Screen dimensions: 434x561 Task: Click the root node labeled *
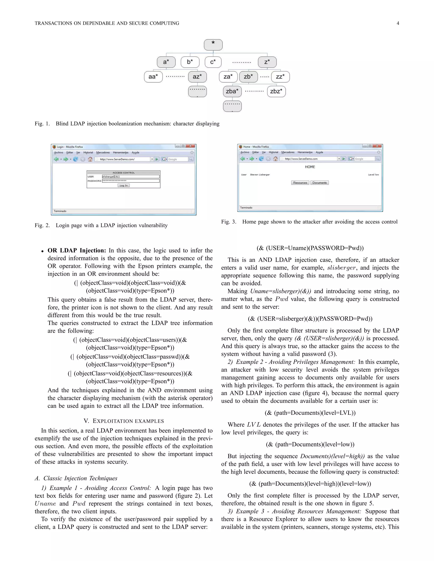pyautogui.click(x=213, y=45)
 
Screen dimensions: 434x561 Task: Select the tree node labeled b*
pyautogui.click(x=190, y=62)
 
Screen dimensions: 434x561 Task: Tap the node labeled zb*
pyautogui.click(x=248, y=77)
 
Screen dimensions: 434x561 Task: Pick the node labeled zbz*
pyautogui.click(x=276, y=91)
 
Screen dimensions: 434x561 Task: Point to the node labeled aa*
pyautogui.click(x=153, y=77)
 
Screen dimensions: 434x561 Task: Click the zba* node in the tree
pyautogui.click(x=232, y=91)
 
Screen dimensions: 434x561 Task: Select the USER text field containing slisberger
pyautogui.click(x=131, y=177)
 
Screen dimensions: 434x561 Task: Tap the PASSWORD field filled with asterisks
pyautogui.click(x=131, y=181)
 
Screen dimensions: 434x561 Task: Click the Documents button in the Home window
pyautogui.click(x=319, y=183)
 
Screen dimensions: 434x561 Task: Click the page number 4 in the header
pyautogui.click(x=398, y=23)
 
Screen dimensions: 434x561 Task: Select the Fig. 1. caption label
pyautogui.click(x=42, y=124)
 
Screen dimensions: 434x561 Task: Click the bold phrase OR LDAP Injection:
pyautogui.click(x=77, y=250)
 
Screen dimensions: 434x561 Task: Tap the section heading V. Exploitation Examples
pyautogui.click(x=124, y=421)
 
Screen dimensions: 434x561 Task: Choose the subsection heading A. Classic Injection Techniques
pyautogui.click(x=76, y=478)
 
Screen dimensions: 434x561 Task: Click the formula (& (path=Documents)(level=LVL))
pyautogui.click(x=310, y=413)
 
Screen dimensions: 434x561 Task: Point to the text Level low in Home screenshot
pyautogui.click(x=373, y=175)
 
